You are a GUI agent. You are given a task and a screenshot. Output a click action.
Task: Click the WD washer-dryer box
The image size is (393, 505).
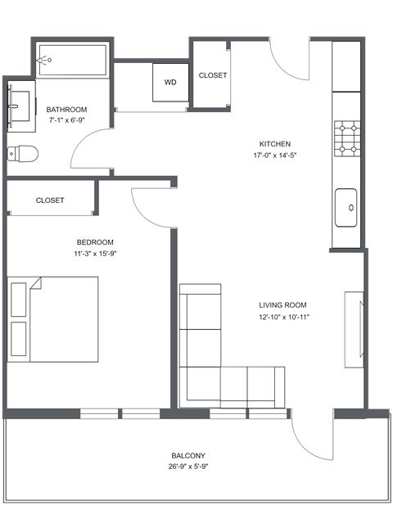tap(170, 83)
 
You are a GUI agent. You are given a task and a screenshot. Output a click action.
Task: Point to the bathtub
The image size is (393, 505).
tap(72, 60)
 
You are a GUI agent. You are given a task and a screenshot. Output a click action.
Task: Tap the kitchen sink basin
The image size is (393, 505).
tap(346, 206)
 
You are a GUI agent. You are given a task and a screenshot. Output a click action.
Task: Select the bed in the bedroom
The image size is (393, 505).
tap(54, 319)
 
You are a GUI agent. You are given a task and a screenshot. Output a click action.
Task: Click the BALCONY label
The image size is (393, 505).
tap(188, 456)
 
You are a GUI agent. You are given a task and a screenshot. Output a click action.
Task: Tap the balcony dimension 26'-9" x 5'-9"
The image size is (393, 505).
tap(188, 468)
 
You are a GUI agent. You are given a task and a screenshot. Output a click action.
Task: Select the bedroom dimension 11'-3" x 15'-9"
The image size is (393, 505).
tap(95, 254)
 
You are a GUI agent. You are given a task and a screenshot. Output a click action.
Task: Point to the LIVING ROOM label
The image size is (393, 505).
tap(283, 304)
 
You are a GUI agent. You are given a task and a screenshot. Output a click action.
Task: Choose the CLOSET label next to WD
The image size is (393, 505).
tap(213, 75)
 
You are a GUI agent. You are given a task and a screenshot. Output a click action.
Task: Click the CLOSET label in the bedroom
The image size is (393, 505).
tap(49, 201)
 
